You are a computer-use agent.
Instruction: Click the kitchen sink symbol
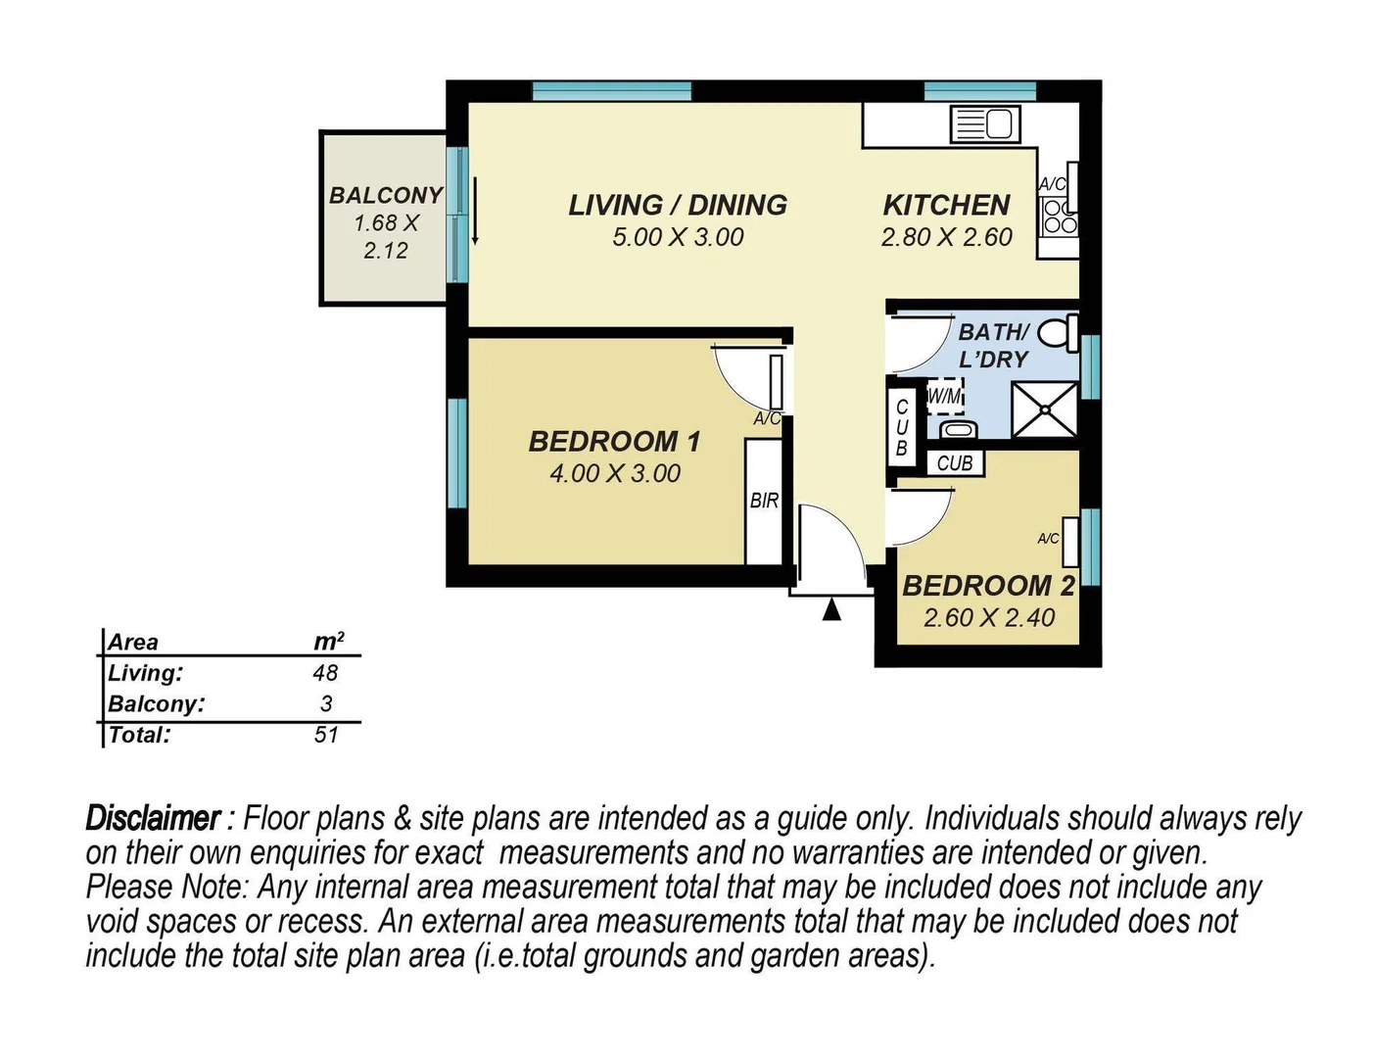[985, 125]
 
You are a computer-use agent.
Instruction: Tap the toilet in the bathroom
[1058, 333]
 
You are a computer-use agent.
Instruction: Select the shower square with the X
[1044, 409]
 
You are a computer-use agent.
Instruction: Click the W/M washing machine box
[945, 397]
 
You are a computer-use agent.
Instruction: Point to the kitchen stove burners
[1059, 216]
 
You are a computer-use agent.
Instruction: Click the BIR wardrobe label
[764, 501]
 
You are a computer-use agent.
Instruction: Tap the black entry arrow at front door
[831, 610]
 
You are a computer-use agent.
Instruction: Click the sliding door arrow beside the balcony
[475, 211]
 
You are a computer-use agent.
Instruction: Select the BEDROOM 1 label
[614, 442]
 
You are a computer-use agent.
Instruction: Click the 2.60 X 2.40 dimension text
[989, 618]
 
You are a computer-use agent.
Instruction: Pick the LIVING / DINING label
[678, 206]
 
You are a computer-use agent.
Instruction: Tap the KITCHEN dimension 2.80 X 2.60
[946, 237]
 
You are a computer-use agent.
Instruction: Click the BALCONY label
[386, 196]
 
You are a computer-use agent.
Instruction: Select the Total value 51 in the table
[326, 735]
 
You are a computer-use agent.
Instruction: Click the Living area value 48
[326, 673]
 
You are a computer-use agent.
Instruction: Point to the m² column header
[328, 642]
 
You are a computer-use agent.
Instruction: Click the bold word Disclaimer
[153, 818]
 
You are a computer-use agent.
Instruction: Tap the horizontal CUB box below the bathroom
[955, 462]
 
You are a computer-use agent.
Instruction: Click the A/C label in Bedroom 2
[1048, 539]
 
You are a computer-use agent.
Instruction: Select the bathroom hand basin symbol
[957, 429]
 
